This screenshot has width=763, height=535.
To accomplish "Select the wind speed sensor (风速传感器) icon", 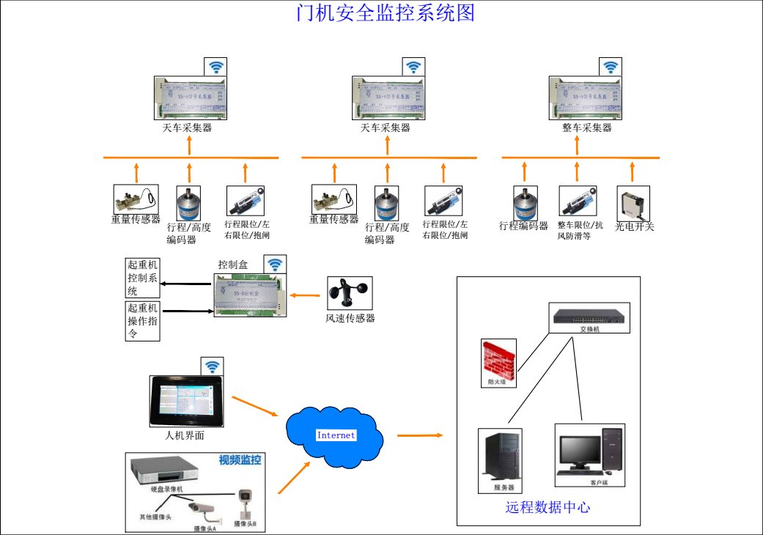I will coord(350,293).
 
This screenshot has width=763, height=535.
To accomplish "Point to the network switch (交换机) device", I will coord(590,317).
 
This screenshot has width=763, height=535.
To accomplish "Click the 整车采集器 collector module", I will coord(586,98).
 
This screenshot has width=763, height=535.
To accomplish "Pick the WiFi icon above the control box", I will coord(275,265).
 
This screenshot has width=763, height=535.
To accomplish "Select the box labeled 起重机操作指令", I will coord(142,320).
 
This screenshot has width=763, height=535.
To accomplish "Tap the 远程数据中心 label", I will coord(548,507).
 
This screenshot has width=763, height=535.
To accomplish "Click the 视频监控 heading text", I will coord(240,461).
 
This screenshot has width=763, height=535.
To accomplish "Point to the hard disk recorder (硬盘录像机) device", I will coord(166,471).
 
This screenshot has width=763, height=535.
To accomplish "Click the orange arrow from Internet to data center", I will coord(420,435).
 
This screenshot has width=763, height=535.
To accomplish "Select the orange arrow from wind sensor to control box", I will coord(308,295).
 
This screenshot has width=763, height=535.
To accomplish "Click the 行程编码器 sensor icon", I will coord(524,202).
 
